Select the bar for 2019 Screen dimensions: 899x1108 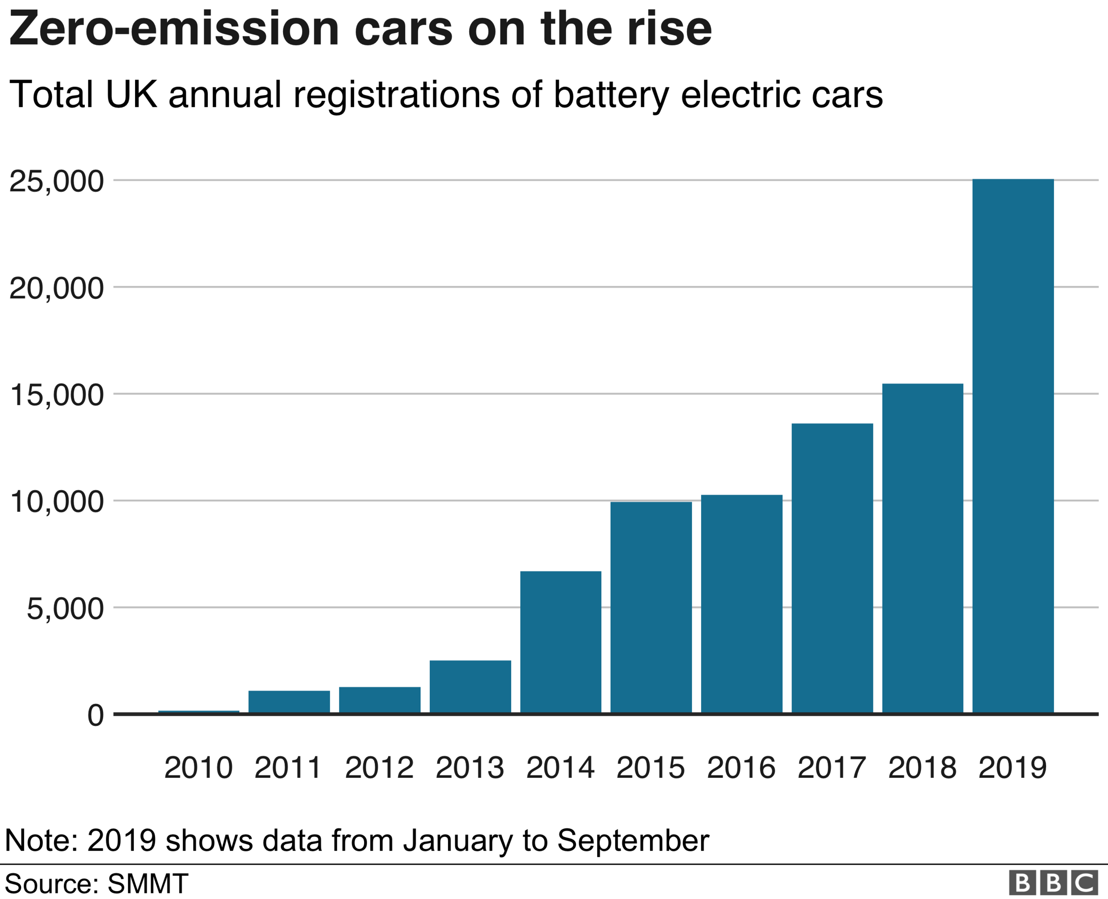pos(1013,446)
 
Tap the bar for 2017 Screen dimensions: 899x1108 pos(832,568)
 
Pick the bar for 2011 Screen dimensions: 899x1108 pos(289,702)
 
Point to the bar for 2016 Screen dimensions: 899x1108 pos(741,604)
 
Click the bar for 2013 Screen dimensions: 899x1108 pos(470,687)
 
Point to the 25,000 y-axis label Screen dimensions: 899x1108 pos(57,182)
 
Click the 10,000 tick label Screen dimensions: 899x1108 pos(57,502)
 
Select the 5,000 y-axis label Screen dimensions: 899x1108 pos(65,608)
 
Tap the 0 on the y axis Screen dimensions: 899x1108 pos(95,716)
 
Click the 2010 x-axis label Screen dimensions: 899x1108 pos(199,768)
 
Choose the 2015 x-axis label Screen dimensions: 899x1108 pos(651,768)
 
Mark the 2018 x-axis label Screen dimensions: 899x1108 pos(922,768)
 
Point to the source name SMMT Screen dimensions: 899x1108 pos(148,883)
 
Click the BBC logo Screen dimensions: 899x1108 pos(1053,883)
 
